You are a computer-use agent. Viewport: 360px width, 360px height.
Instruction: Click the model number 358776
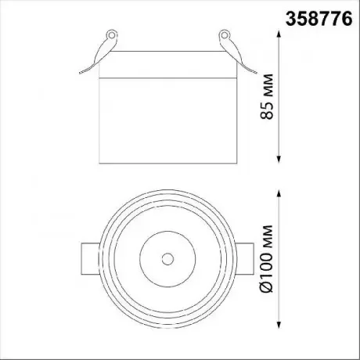tap(319, 19)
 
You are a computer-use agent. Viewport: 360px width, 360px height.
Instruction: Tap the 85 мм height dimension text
tap(267, 96)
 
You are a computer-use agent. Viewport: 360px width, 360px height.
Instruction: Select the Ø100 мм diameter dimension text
tap(267, 258)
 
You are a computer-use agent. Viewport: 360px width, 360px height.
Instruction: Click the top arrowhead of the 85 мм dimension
tap(279, 34)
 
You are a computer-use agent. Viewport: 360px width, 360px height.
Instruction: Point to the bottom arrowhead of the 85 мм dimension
tap(279, 159)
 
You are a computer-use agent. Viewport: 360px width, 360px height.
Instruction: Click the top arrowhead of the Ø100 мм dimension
tap(279, 194)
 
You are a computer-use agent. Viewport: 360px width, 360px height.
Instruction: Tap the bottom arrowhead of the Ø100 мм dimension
tap(279, 324)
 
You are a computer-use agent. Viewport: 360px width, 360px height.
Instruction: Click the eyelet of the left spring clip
tap(112, 35)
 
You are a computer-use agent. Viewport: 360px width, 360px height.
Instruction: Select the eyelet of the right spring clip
tap(224, 35)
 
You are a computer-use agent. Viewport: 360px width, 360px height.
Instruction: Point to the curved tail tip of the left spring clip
tap(80, 73)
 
